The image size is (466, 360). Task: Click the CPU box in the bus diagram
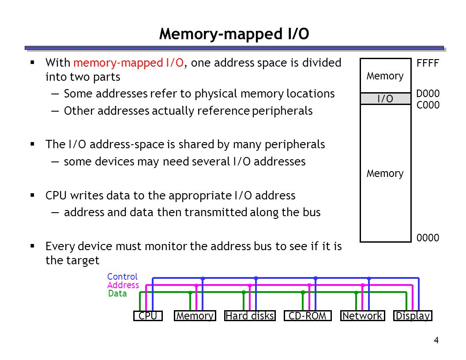click(148, 316)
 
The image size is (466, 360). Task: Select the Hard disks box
click(250, 316)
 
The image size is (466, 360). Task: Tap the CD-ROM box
click(308, 316)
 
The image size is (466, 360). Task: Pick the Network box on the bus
click(363, 316)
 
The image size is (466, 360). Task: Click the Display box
click(413, 316)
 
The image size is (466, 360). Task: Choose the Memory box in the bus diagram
click(195, 316)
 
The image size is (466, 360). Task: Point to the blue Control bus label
click(122, 277)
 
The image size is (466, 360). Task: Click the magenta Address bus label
click(123, 285)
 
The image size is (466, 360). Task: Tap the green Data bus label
click(117, 293)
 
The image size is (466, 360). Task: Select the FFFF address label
click(428, 63)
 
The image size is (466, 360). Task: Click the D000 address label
click(428, 94)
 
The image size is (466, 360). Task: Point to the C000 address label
click(428, 105)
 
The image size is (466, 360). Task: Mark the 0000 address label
click(428, 238)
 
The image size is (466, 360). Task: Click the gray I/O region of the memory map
click(385, 99)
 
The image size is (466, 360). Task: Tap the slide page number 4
click(436, 340)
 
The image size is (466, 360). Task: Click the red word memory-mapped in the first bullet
click(118, 63)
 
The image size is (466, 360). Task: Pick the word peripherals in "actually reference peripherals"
click(282, 111)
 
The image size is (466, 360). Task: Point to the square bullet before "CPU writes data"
click(32, 195)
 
